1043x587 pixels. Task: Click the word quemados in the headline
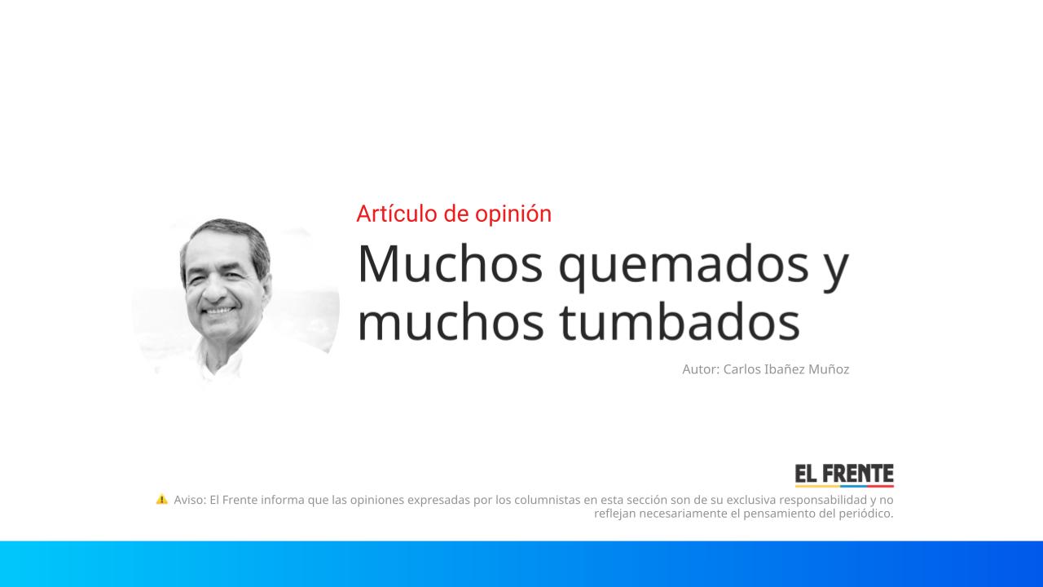point(692,265)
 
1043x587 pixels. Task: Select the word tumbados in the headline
point(680,322)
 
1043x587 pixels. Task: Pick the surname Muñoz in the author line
point(829,369)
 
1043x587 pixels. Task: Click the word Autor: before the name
point(701,369)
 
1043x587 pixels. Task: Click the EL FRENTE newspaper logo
point(844,475)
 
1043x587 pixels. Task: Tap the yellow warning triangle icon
point(161,499)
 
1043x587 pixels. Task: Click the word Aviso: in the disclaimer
point(190,500)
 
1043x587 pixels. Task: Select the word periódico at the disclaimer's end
point(865,514)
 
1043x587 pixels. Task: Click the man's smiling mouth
point(218,311)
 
